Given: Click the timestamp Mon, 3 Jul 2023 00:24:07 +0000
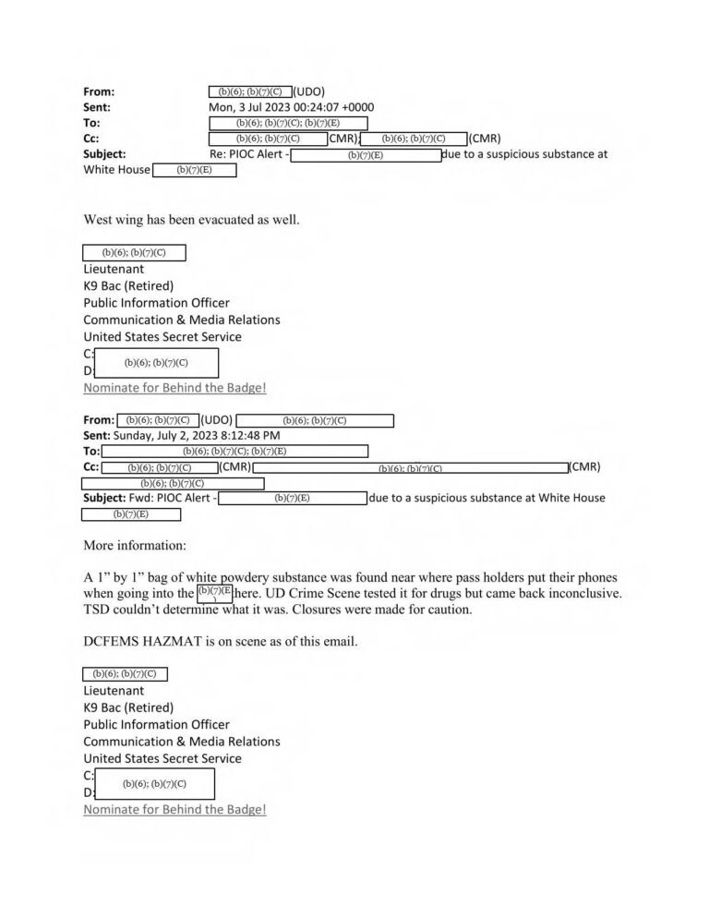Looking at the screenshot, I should click(285, 107).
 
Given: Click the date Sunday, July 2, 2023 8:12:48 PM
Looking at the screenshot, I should click(197, 435).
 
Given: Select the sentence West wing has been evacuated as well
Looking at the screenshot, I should click(191, 220).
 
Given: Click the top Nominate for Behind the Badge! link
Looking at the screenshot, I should click(174, 388).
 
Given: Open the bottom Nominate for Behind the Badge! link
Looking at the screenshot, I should click(174, 809).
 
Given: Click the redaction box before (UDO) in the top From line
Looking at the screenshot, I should click(251, 91).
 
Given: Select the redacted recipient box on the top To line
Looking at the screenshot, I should click(288, 123).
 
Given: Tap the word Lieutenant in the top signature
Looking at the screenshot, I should click(114, 269).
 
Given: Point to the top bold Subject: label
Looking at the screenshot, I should click(104, 154).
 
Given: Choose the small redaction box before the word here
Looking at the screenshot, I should click(214, 592).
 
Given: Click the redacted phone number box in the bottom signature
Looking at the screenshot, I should click(154, 784).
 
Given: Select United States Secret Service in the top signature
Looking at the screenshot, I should click(162, 337).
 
